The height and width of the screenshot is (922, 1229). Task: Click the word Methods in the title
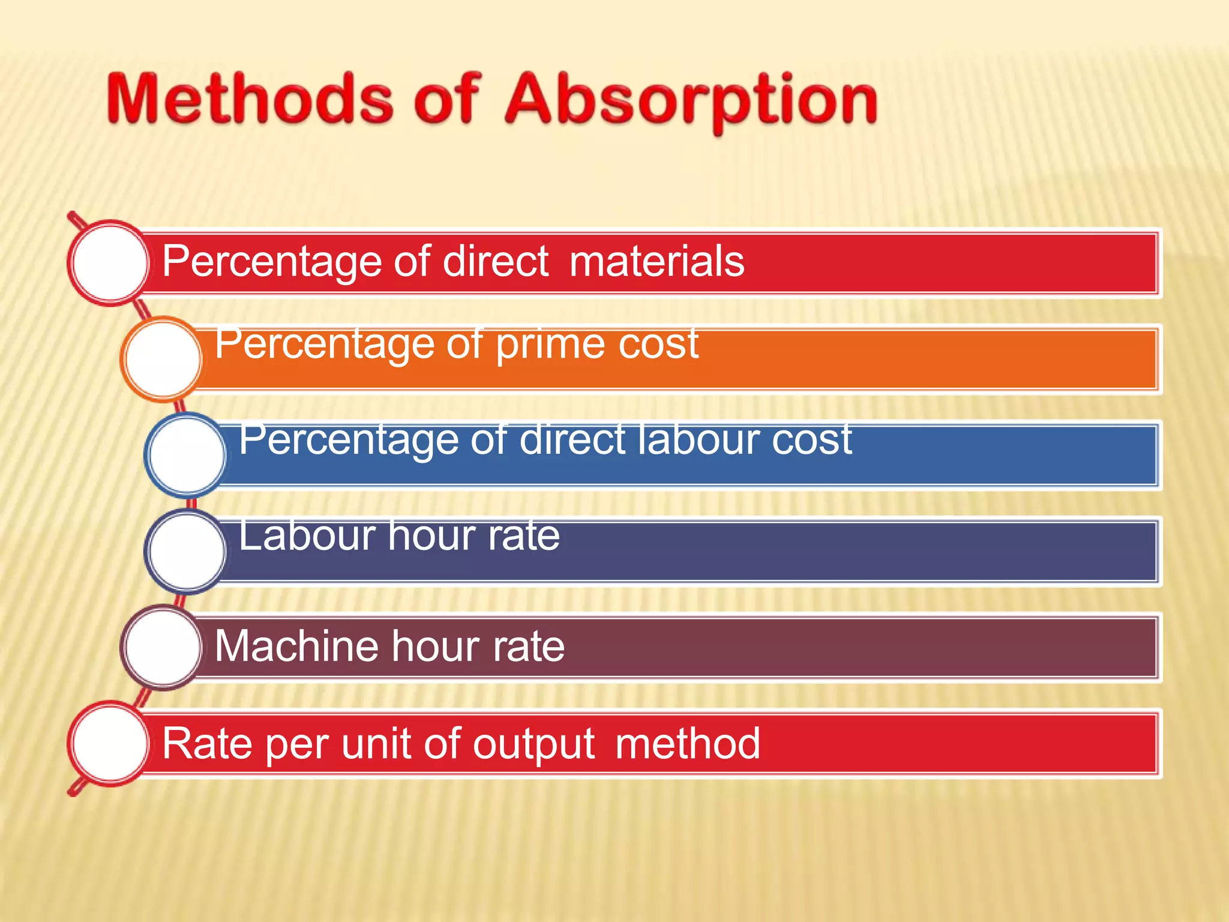tap(250, 99)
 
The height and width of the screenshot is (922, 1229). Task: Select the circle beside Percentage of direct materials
tap(110, 262)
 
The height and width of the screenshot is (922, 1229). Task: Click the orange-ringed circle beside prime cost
tap(163, 358)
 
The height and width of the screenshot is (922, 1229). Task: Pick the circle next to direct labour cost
tap(187, 454)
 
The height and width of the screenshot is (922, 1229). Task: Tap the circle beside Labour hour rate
tap(187, 550)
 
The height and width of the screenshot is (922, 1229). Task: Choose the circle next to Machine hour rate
tap(163, 646)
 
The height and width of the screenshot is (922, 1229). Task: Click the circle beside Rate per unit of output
tap(110, 743)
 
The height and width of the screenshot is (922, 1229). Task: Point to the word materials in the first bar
tap(657, 262)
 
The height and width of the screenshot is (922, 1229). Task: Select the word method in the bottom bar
tap(688, 743)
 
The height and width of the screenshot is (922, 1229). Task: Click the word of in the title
tap(447, 99)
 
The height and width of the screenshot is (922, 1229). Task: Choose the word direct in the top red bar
tap(495, 262)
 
